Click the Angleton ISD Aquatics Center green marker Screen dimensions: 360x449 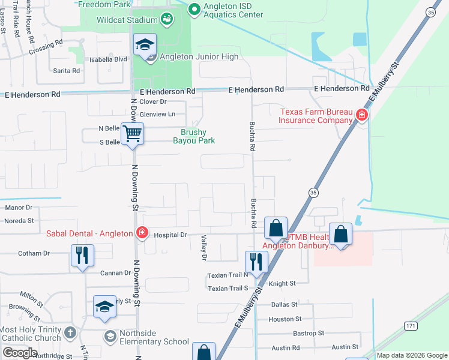(194, 9)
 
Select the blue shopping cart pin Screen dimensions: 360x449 (132, 133)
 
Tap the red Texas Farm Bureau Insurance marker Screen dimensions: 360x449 (361, 115)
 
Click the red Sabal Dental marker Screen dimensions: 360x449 (142, 233)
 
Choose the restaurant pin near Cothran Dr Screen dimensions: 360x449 (82, 255)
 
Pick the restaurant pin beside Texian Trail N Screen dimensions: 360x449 (256, 262)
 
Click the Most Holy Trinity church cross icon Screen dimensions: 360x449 (70, 332)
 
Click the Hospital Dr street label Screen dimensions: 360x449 (171, 235)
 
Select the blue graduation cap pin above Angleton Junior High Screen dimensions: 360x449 (144, 46)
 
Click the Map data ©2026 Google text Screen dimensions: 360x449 (411, 355)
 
